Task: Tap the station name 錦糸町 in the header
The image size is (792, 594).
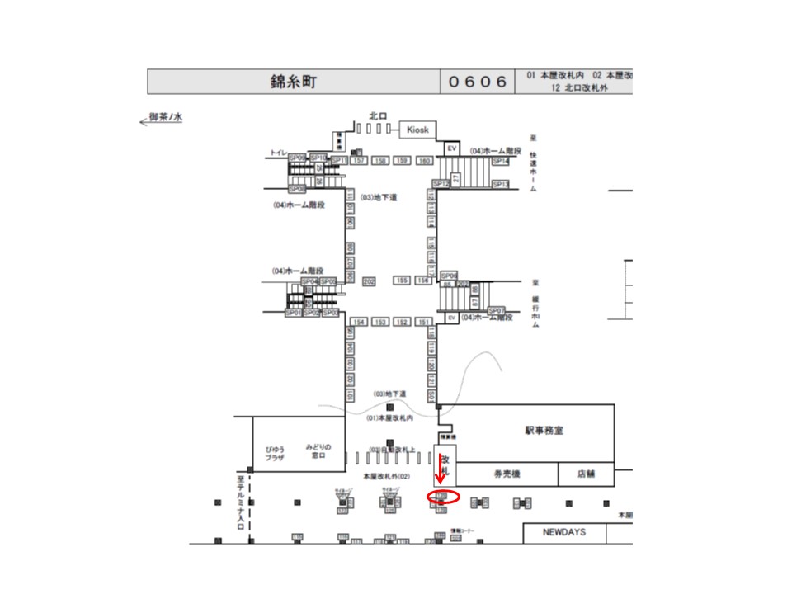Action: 294,82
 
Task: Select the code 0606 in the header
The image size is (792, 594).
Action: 478,82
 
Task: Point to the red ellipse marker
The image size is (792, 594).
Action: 443,497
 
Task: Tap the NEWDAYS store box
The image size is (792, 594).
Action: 564,532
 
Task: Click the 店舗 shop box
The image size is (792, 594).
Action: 587,474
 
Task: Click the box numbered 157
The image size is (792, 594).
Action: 359,160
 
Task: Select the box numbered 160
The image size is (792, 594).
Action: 424,160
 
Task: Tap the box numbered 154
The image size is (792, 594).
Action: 359,322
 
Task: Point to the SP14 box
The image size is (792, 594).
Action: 501,162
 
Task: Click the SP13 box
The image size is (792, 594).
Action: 501,184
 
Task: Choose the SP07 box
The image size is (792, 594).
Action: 497,310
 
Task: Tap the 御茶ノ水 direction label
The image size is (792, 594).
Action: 165,118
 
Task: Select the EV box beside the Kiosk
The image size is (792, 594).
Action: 451,148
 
